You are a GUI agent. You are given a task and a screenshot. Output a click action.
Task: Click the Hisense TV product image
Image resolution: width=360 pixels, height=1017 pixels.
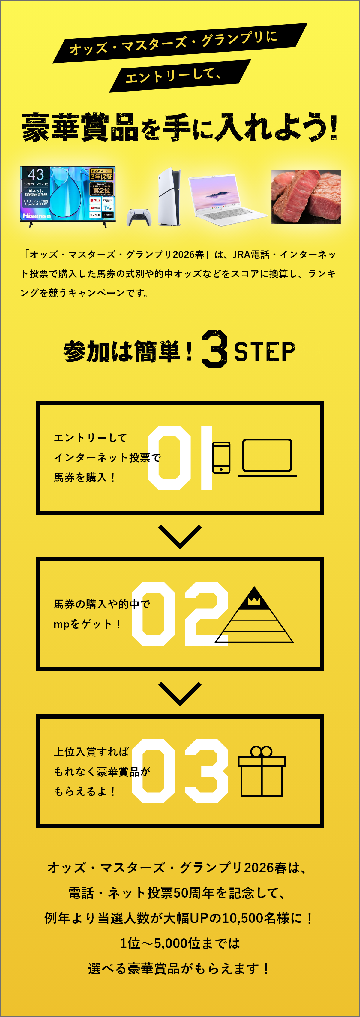(68, 195)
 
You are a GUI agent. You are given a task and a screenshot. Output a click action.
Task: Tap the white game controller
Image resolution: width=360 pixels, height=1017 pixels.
(139, 218)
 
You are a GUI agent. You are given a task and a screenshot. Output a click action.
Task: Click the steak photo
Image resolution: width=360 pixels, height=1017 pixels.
(306, 197)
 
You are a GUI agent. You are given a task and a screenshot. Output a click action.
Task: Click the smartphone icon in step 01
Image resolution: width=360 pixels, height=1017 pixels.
(221, 457)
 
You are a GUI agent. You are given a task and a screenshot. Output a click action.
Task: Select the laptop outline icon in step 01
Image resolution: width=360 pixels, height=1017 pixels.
(267, 457)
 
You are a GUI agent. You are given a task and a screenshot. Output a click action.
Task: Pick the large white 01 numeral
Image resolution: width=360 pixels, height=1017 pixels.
(180, 458)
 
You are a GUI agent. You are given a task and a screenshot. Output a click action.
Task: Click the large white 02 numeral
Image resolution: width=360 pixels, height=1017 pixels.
(180, 614)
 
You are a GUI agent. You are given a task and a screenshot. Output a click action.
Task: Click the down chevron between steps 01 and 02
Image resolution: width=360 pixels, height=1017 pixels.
(180, 536)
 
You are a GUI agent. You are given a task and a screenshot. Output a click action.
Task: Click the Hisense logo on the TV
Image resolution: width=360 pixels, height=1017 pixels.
(37, 216)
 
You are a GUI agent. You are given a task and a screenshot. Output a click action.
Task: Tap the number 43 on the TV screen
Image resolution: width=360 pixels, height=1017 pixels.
(35, 174)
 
